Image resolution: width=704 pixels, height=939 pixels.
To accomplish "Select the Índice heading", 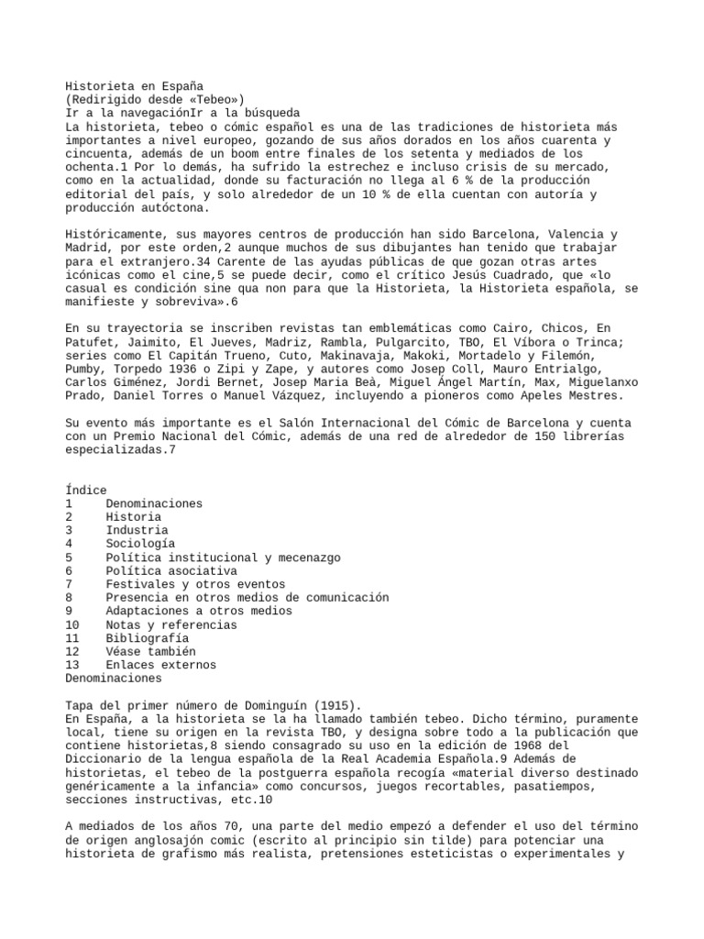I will click(86, 491).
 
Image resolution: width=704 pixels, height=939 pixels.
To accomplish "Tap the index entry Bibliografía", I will click(147, 637).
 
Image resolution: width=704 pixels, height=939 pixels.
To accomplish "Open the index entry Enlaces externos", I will click(160, 664).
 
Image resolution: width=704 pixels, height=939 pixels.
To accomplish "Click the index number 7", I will click(70, 584).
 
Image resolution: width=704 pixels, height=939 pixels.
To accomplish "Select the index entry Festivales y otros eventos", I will click(195, 584).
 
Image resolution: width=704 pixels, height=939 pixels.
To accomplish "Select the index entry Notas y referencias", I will click(170, 624).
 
